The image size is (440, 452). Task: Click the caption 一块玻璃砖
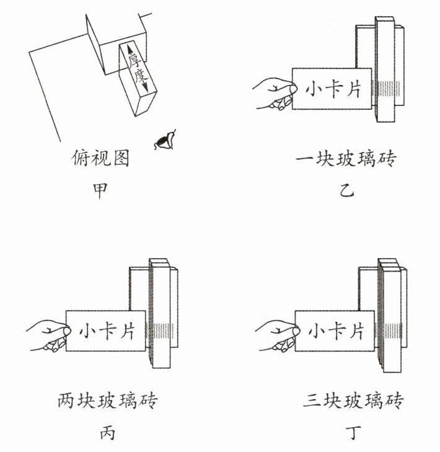tap(346, 159)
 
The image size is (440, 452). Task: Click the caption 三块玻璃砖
tap(354, 400)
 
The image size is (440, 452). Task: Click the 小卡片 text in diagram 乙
tap(333, 89)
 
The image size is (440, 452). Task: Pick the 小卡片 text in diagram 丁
tap(335, 331)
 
